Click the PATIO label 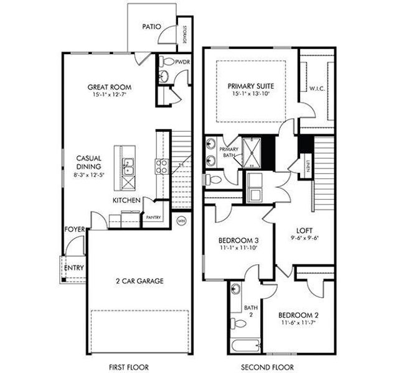click(152, 27)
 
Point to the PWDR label click(182, 62)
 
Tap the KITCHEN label click(126, 200)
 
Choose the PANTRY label click(153, 218)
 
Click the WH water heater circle click(182, 220)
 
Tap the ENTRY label click(73, 268)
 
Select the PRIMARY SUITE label click(250, 85)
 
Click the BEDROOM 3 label click(238, 241)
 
